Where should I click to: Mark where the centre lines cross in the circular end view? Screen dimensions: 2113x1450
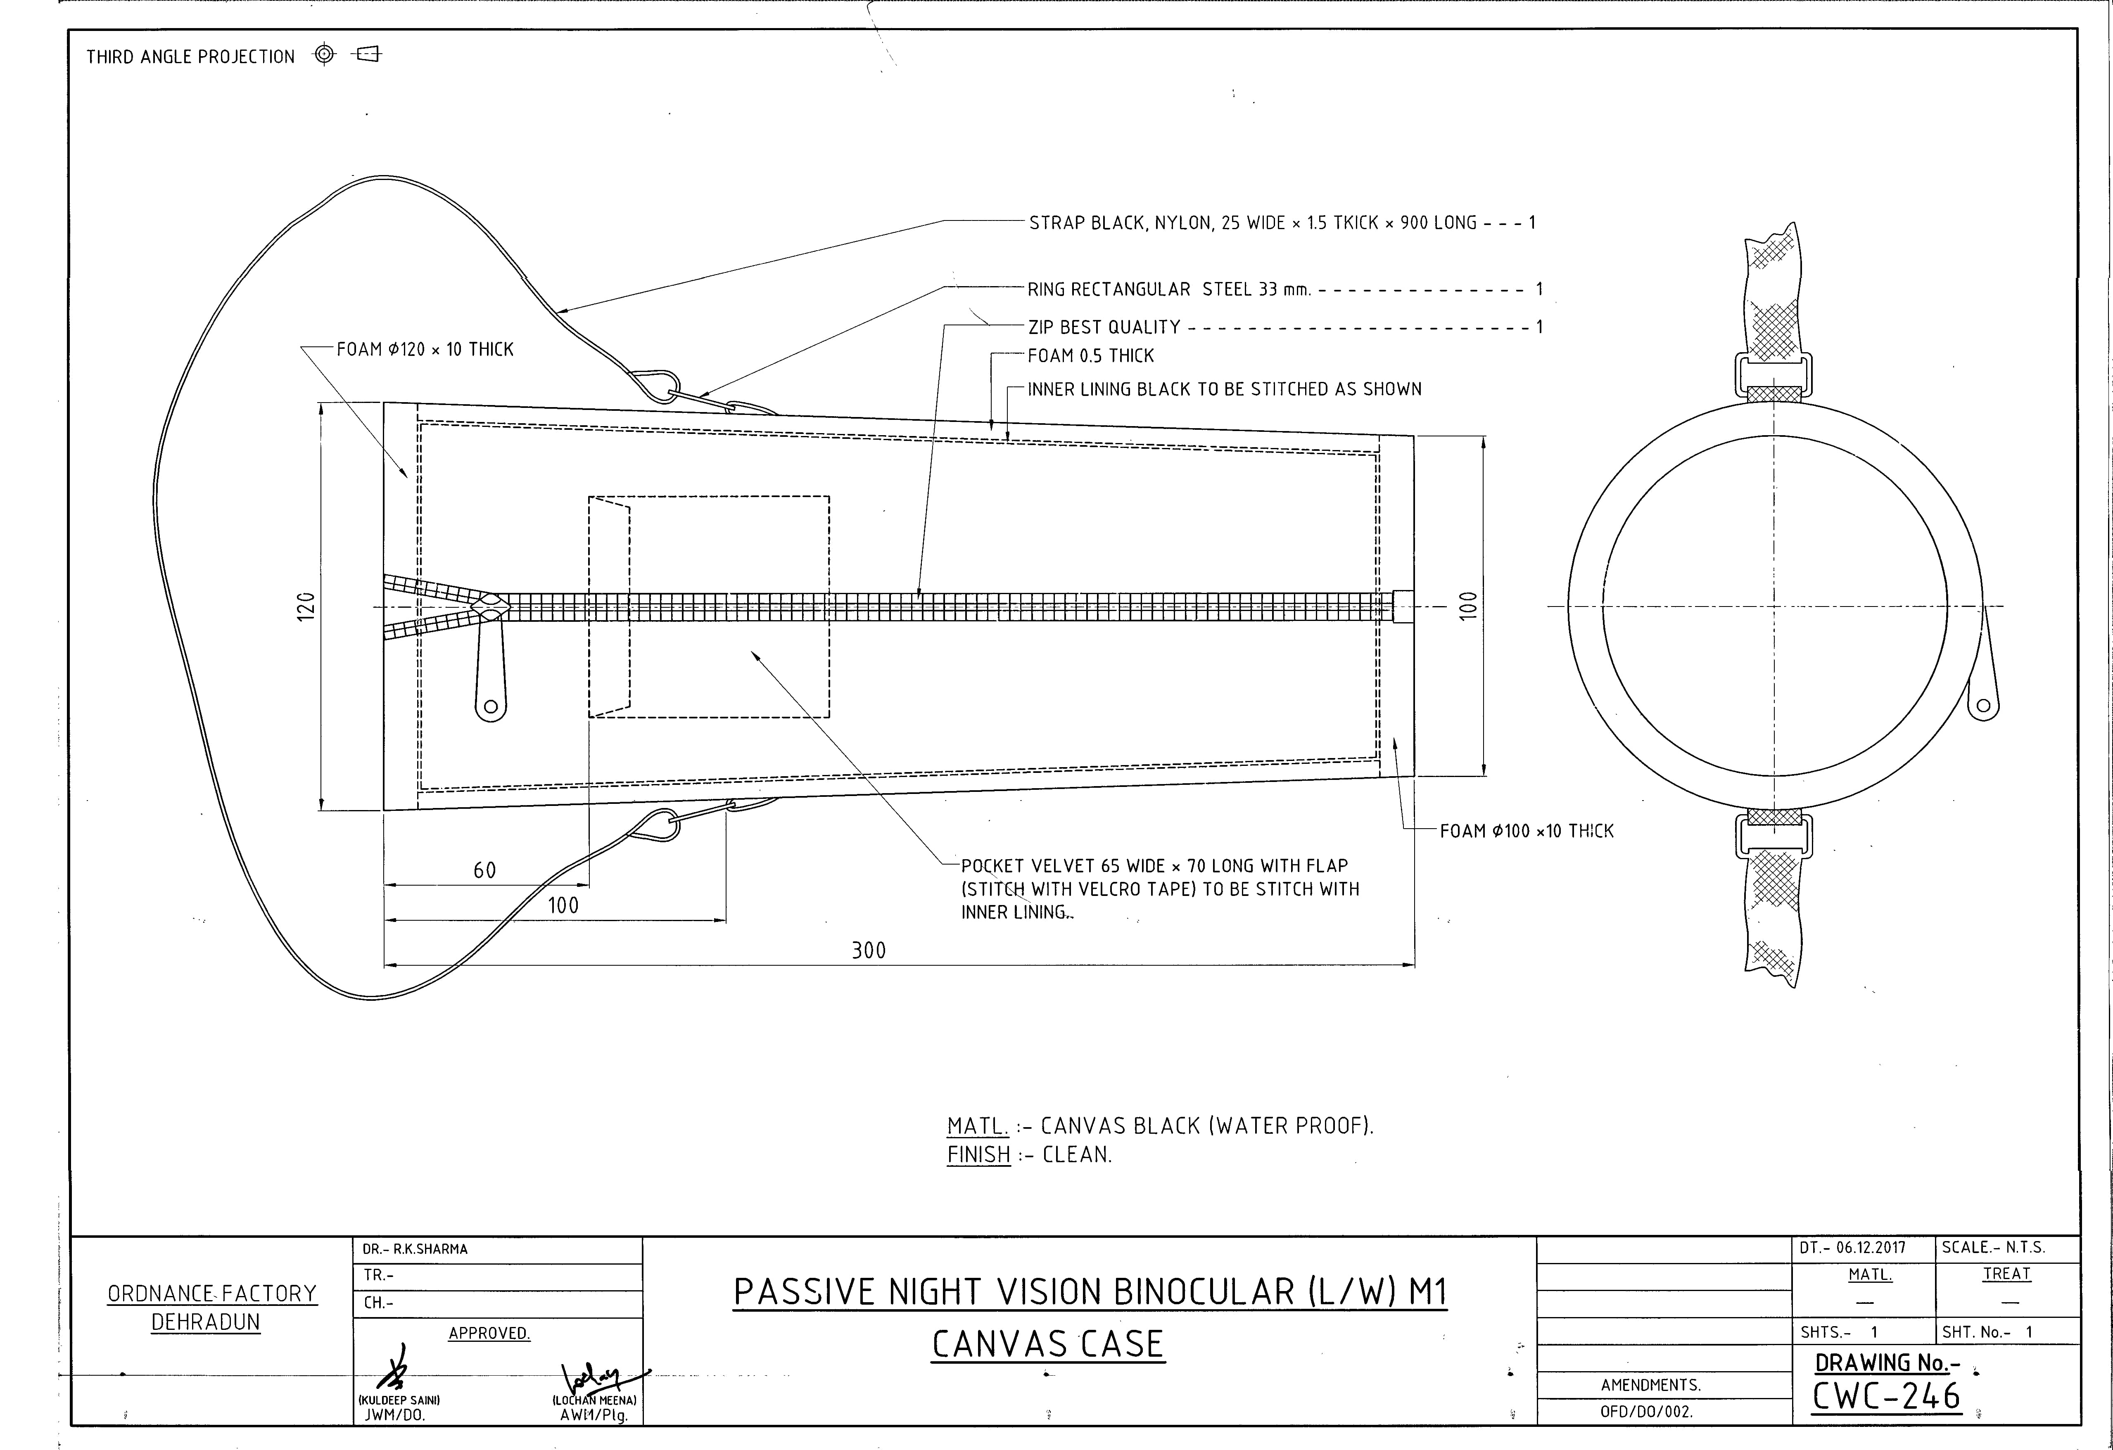click(x=1774, y=607)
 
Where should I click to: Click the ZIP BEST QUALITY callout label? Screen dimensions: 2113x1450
click(x=1104, y=327)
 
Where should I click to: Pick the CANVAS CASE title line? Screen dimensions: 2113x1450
click(x=1047, y=1345)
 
